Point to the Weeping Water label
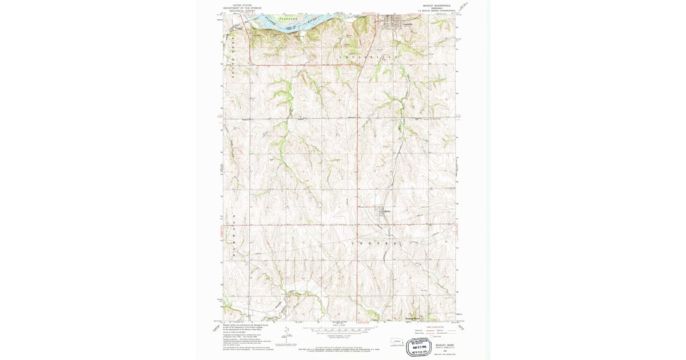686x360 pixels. tap(412, 318)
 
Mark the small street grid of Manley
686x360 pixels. tap(380, 211)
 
